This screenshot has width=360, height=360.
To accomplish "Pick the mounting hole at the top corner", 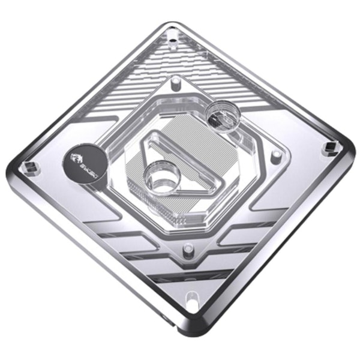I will point(173,41).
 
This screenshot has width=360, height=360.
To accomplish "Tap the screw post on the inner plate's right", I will point(275,154).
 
